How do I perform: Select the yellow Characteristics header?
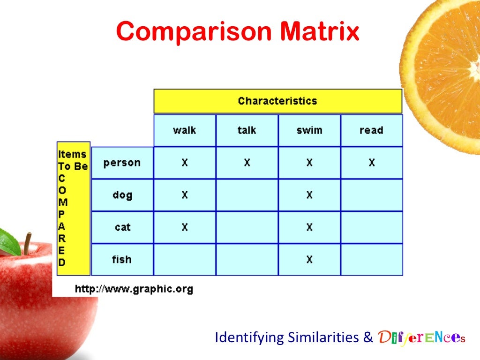[277, 101]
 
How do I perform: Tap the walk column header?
[184, 130]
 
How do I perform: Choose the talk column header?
[247, 130]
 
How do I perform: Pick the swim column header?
[309, 130]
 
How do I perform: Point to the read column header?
[371, 130]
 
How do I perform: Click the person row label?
[122, 163]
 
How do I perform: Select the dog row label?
[122, 195]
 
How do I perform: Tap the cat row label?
[122, 227]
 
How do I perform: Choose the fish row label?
[122, 259]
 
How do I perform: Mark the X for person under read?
[371, 163]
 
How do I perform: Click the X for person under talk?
[247, 163]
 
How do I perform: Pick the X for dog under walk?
[184, 195]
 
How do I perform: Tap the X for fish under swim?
[309, 259]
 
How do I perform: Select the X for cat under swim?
[309, 227]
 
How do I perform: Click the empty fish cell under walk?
[184, 259]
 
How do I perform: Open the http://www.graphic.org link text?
[134, 289]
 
